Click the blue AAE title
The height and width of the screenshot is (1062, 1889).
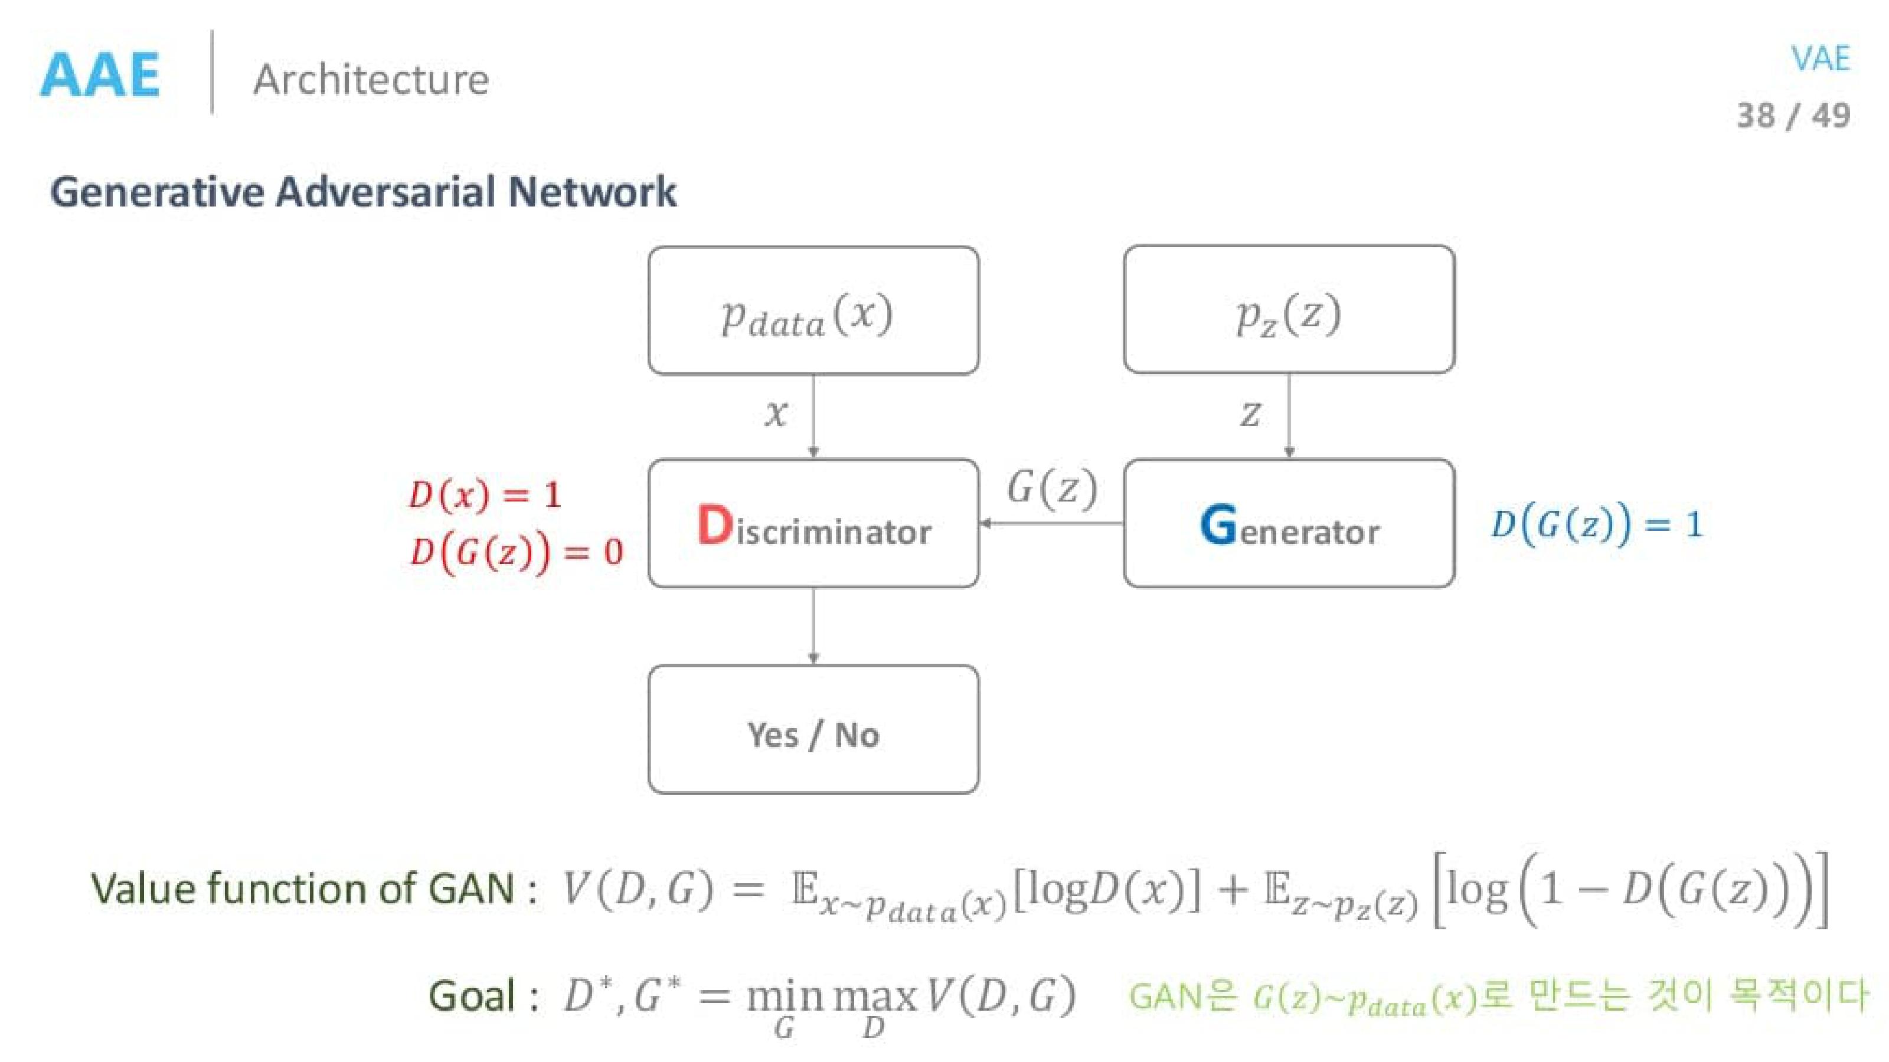tap(100, 75)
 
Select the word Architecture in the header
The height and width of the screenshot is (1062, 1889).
tap(371, 79)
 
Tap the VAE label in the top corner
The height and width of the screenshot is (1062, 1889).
tap(1819, 58)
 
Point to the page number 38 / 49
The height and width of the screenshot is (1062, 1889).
tap(1792, 116)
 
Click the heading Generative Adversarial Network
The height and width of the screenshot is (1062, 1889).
tap(363, 192)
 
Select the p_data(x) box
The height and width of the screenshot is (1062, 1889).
tap(813, 311)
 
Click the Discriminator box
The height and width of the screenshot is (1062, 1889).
tap(813, 524)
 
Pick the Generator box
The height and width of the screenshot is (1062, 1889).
tap(1289, 524)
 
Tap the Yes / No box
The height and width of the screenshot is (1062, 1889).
tap(813, 730)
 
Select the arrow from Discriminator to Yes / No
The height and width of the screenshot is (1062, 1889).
tap(813, 626)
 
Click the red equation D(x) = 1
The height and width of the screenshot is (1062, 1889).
tap(485, 495)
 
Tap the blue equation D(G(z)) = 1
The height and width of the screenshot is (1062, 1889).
tap(1596, 524)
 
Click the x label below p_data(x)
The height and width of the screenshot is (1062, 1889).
tap(776, 414)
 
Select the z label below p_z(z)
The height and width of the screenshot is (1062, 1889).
tap(1250, 414)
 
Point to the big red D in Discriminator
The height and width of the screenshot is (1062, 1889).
tap(714, 525)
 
